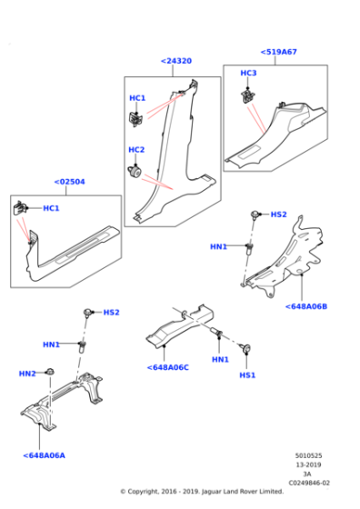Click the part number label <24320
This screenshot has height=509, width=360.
176,61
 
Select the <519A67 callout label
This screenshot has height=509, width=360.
278,52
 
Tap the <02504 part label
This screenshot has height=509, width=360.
69,182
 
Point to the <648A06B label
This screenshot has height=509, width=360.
306,306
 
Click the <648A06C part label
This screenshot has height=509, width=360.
168,367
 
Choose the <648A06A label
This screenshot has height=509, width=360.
45,455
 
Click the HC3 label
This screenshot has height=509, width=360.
248,73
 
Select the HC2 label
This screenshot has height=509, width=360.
136,150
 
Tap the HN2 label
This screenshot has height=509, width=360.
27,374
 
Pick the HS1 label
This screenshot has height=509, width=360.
247,375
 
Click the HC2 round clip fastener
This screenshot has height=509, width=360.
135,171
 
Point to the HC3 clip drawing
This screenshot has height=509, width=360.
248,96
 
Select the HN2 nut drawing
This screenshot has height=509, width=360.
50,372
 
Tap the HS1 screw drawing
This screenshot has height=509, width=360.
245,348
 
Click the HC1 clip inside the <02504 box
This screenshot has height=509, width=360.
19,208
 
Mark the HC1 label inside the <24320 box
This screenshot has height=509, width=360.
137,98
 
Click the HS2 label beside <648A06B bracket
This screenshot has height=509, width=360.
278,215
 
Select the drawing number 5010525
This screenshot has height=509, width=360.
308,455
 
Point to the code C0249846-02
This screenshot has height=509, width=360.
309,483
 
